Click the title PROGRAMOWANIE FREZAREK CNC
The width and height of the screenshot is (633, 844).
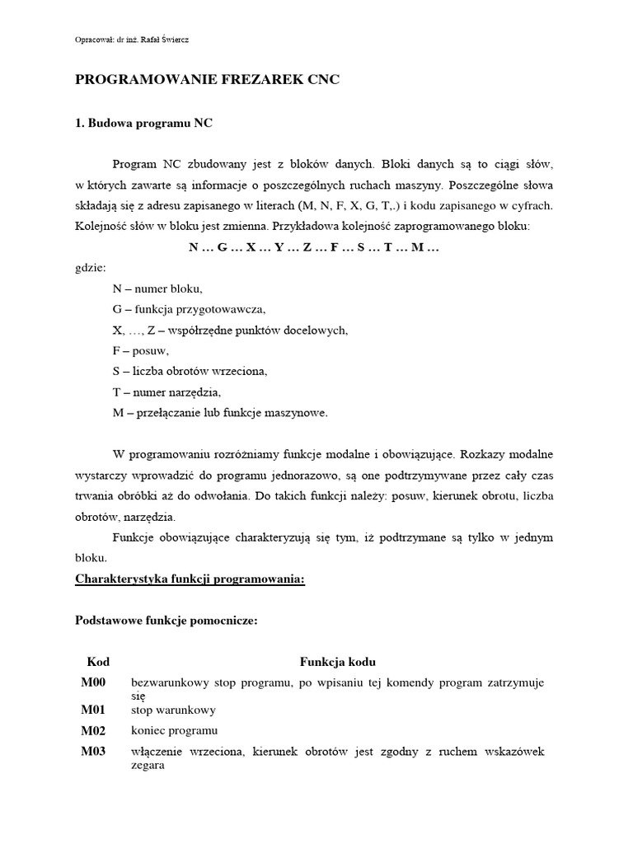pyautogui.click(x=207, y=80)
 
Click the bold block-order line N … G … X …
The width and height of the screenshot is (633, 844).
pyautogui.click(x=314, y=246)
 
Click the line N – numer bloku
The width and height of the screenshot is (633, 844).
pyautogui.click(x=157, y=288)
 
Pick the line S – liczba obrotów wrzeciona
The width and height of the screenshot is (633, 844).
pyautogui.click(x=190, y=371)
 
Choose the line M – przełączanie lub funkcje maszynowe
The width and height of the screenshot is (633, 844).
pyautogui.click(x=220, y=412)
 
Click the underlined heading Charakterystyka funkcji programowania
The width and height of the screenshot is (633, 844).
pyautogui.click(x=190, y=579)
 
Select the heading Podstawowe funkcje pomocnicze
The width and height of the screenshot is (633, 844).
pyautogui.click(x=166, y=621)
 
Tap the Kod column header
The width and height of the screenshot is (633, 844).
pyautogui.click(x=98, y=662)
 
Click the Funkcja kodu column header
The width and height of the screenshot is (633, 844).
pyautogui.click(x=338, y=662)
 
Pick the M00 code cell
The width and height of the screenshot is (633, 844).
pyautogui.click(x=94, y=682)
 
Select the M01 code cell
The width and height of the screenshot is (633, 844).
pyautogui.click(x=94, y=709)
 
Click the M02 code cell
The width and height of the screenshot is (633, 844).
pyautogui.click(x=94, y=730)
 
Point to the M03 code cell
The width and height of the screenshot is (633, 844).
pyautogui.click(x=94, y=752)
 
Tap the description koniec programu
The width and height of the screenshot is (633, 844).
pyautogui.click(x=174, y=731)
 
